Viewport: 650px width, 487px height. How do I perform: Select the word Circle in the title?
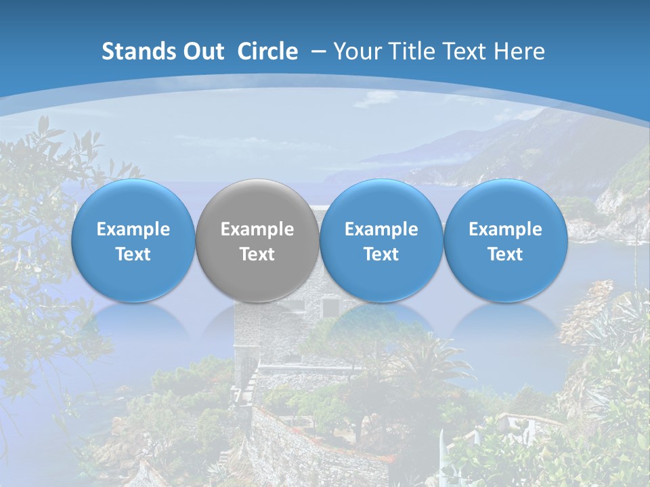pyautogui.click(x=267, y=51)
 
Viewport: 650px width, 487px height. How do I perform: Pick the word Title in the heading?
pyautogui.click(x=413, y=51)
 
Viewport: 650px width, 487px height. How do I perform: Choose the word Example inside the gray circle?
pyautogui.click(x=257, y=229)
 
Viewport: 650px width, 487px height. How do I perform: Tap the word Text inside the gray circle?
pyautogui.click(x=257, y=254)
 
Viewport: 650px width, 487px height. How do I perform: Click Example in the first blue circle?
pyautogui.click(x=133, y=229)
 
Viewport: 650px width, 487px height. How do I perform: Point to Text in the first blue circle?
pyautogui.click(x=133, y=254)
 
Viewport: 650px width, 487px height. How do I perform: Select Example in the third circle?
pyautogui.click(x=381, y=229)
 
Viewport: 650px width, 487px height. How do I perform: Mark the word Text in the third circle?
pyautogui.click(x=381, y=254)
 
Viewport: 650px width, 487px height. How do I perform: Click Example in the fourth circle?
pyautogui.click(x=505, y=229)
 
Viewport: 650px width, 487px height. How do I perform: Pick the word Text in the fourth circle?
pyautogui.click(x=505, y=254)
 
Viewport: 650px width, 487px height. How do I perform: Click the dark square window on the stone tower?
pyautogui.click(x=330, y=308)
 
